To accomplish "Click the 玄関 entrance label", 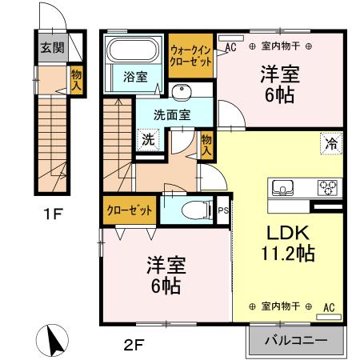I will [x=48, y=47].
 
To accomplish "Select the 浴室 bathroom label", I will [x=135, y=77].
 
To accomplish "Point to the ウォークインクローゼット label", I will [x=190, y=55].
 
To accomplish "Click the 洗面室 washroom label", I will [x=172, y=114].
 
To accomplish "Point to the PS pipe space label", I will [x=223, y=210].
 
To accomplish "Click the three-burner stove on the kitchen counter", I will [x=328, y=188].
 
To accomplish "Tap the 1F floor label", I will [x=52, y=214].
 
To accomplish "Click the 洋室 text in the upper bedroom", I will [x=280, y=75].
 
